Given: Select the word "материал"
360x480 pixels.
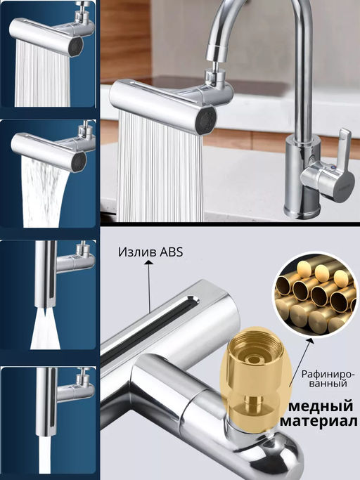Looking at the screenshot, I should click(319, 422).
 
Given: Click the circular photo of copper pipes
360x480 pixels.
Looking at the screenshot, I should click(314, 293).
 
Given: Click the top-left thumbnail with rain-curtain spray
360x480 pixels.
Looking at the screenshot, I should click(49, 55).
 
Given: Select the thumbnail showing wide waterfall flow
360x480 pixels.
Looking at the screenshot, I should click(49, 174).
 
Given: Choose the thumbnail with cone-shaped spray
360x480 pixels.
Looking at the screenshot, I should click(49, 295).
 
